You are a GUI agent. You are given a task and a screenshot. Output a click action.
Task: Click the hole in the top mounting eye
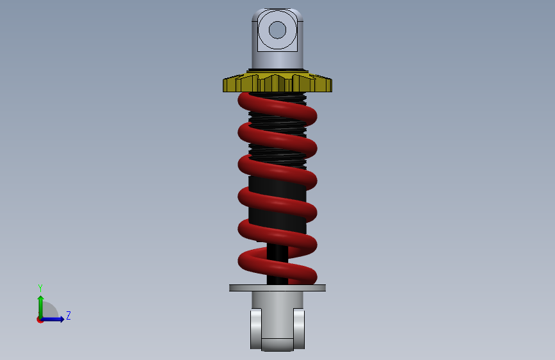[277, 29]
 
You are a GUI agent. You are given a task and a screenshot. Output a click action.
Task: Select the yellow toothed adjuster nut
[278, 83]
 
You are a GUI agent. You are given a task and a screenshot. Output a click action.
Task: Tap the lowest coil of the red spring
[277, 266]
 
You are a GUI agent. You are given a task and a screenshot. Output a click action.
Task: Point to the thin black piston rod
[277, 264]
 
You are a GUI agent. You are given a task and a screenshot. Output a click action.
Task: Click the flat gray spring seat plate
[278, 288]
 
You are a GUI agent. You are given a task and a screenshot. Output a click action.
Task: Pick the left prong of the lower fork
[256, 329]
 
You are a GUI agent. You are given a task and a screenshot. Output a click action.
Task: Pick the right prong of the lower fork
[299, 329]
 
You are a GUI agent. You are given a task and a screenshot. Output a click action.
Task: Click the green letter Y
[40, 288]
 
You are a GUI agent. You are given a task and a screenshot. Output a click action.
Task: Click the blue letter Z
[68, 315]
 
